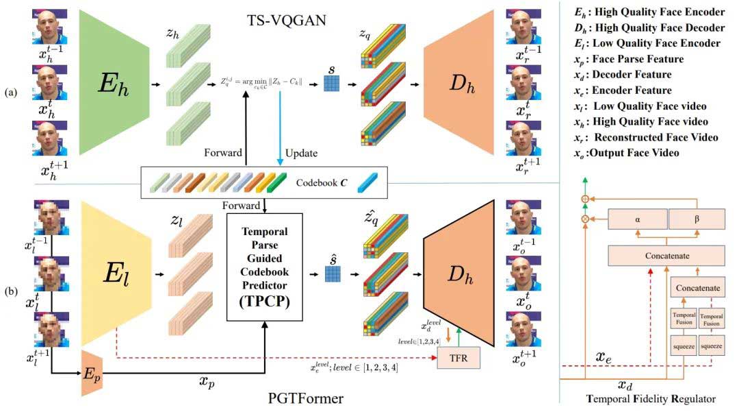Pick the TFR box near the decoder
458,357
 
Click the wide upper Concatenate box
666,256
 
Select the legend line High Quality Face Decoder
651,28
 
